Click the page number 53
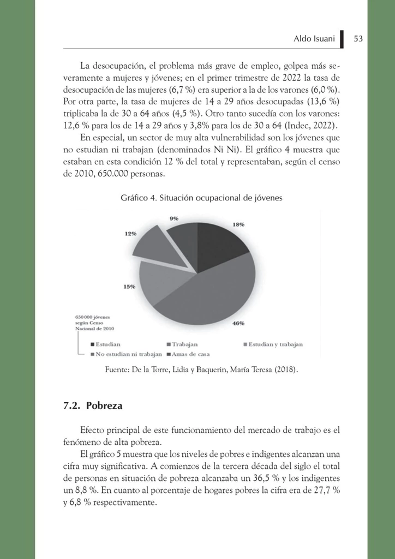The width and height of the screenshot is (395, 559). pyautogui.click(x=358, y=39)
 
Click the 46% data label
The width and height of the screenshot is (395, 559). pyautogui.click(x=238, y=323)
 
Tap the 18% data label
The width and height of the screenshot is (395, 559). pyautogui.click(x=238, y=224)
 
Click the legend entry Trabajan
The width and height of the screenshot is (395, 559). pyautogui.click(x=185, y=344)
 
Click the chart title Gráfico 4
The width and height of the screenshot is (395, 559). pyautogui.click(x=201, y=198)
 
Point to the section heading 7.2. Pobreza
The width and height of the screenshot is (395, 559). pyautogui.click(x=93, y=406)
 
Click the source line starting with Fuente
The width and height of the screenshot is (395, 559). pyautogui.click(x=201, y=371)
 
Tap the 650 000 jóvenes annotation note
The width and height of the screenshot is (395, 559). pyautogui.click(x=94, y=323)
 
